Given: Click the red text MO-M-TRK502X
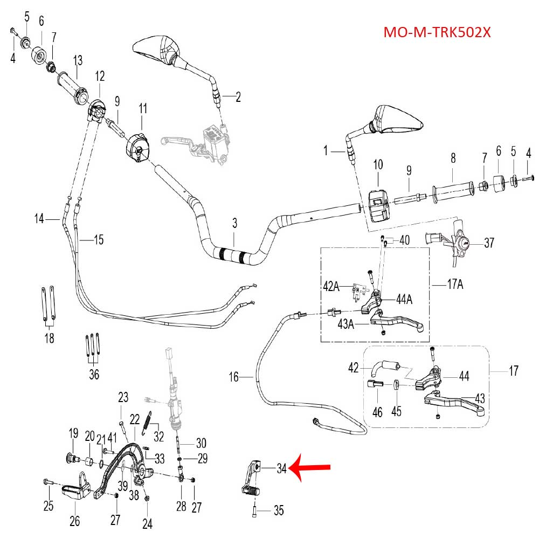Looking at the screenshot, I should (x=437, y=32).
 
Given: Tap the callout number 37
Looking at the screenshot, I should (x=489, y=243).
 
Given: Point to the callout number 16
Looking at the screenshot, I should (x=233, y=377).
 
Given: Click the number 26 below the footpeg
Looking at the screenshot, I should (x=74, y=521).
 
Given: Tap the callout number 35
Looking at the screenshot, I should (x=278, y=510).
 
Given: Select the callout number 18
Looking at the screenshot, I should (x=49, y=338).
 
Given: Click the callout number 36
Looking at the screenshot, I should (x=94, y=374).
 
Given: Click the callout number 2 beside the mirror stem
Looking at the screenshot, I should (x=238, y=97).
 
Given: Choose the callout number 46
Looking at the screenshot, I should (x=377, y=412).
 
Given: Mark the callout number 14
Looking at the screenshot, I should (x=39, y=218).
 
